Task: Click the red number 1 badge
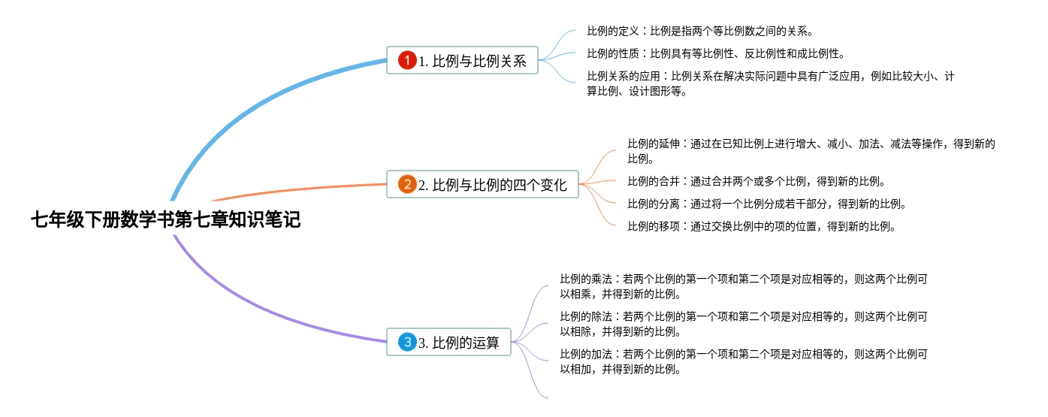(x=407, y=61)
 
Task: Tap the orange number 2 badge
(x=407, y=184)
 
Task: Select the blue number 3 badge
(x=407, y=343)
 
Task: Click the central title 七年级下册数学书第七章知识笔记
(x=165, y=220)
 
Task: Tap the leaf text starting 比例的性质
(x=715, y=53)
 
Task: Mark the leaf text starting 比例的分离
(x=767, y=204)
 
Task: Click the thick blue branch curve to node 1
(x=248, y=105)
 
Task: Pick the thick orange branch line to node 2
(x=301, y=189)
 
